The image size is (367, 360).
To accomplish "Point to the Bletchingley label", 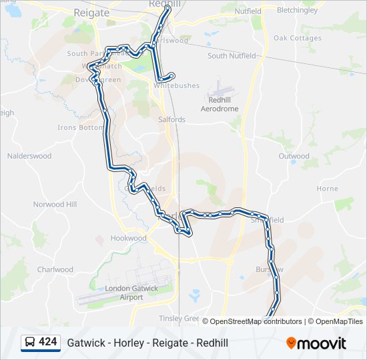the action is (298, 11).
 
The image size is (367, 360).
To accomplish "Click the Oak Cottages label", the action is (298, 38).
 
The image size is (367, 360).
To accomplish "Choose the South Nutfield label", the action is (232, 56).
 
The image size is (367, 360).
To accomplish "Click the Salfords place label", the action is (171, 119).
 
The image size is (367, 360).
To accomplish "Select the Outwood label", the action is (294, 156).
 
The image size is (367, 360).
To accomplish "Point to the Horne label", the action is (327, 189).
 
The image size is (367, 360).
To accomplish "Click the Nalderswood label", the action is (29, 156).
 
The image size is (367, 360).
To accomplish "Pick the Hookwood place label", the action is (128, 238).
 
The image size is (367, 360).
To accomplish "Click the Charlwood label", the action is (55, 269).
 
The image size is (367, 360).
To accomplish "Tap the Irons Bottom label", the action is (81, 127).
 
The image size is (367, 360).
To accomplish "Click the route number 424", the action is (48, 342).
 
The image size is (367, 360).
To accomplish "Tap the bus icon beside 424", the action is (30, 343).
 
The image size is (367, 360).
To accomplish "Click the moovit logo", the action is (316, 343).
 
